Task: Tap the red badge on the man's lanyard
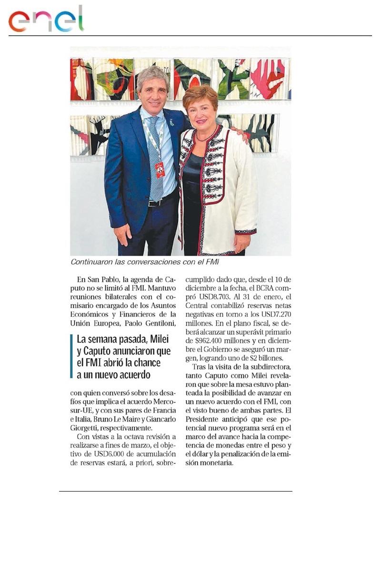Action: pos(160,169)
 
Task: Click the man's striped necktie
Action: pos(155,157)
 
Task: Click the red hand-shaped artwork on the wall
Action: pos(268,76)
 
